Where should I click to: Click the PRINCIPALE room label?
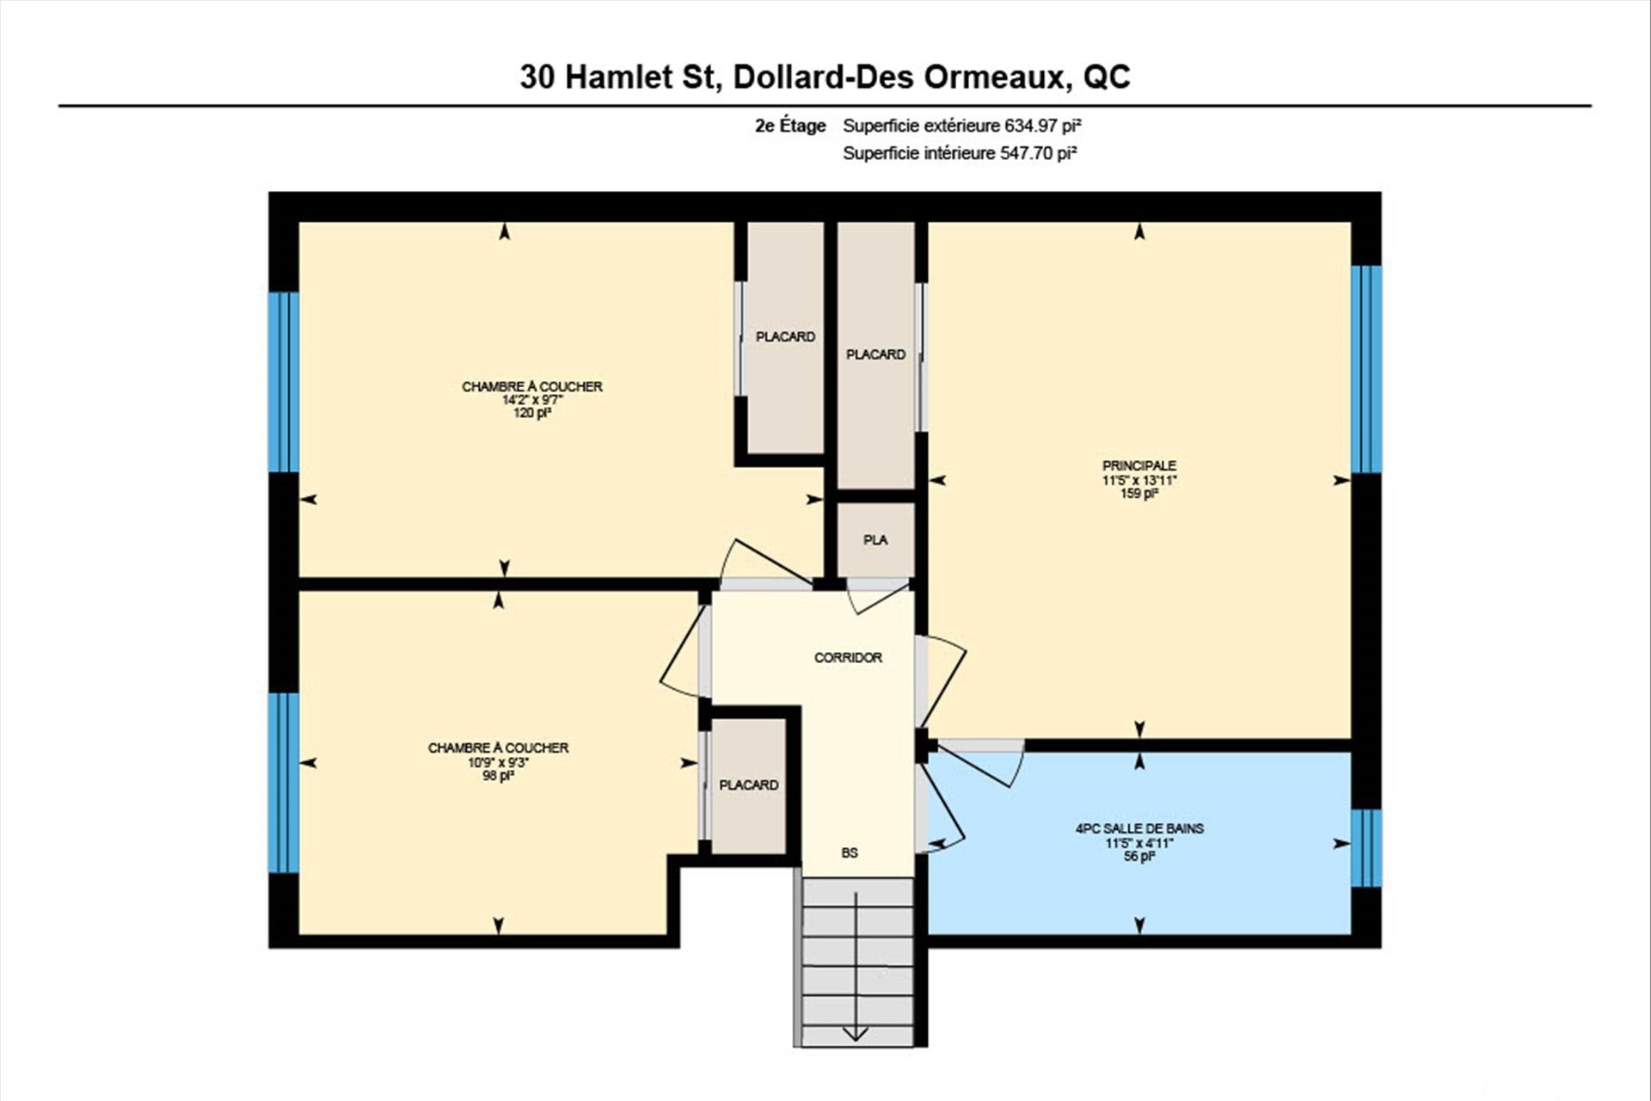(1139, 466)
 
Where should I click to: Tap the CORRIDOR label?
(848, 658)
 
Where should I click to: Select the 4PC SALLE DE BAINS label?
(1139, 829)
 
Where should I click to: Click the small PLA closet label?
(875, 540)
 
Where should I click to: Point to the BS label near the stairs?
(850, 853)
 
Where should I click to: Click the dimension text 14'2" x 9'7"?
(532, 400)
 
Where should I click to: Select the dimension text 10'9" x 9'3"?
(498, 761)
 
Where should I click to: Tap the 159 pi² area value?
(1139, 494)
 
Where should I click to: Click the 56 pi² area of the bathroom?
(1139, 857)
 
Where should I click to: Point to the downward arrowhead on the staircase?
(856, 1034)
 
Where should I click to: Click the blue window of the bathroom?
(1366, 848)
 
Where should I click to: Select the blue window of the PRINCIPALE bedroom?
(1366, 369)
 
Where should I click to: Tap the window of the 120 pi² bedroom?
(284, 382)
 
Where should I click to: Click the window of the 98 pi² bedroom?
(284, 783)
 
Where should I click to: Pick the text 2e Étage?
(790, 126)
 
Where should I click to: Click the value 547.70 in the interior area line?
(1026, 153)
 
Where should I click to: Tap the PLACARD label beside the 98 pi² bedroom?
(749, 785)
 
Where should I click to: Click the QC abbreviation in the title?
(1107, 78)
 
